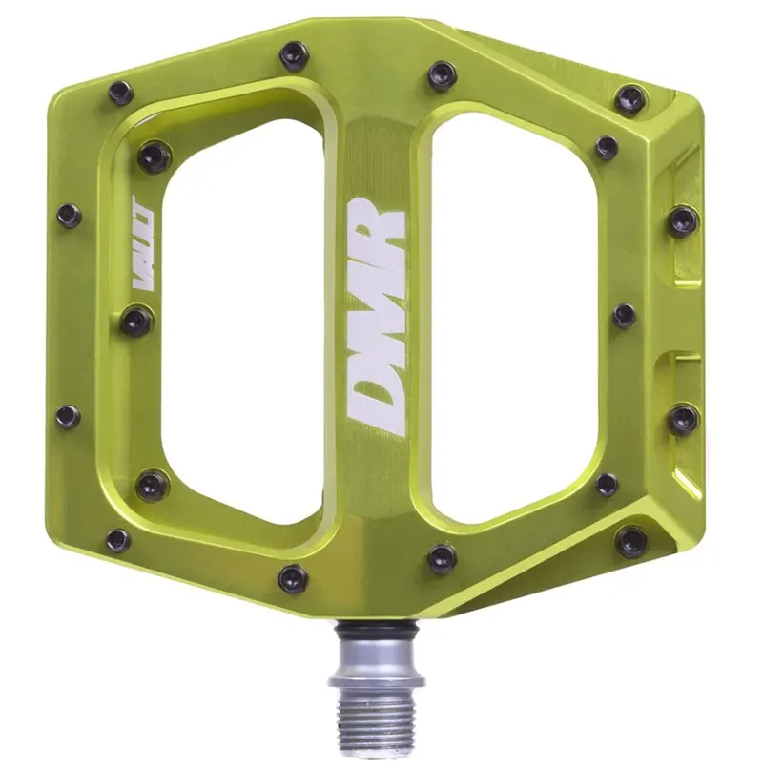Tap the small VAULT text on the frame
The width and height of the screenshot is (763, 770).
click(x=137, y=234)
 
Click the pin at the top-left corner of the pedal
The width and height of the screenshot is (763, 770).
click(x=121, y=94)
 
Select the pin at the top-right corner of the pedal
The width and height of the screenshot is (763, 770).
click(x=630, y=98)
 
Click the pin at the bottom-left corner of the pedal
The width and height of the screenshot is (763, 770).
click(x=118, y=539)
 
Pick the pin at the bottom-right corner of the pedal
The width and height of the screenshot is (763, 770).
click(x=630, y=542)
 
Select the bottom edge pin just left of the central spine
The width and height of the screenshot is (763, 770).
click(x=294, y=577)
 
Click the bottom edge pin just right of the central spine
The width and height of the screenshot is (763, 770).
click(x=441, y=557)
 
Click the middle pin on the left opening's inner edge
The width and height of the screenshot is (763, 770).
click(x=136, y=321)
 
